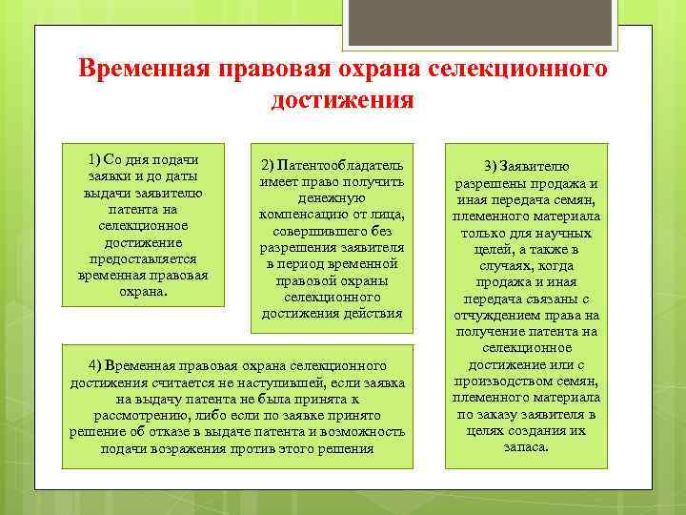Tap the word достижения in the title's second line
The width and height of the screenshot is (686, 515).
[342, 99]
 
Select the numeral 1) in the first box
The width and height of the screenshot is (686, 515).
[94, 158]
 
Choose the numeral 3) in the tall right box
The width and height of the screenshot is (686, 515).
[491, 166]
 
